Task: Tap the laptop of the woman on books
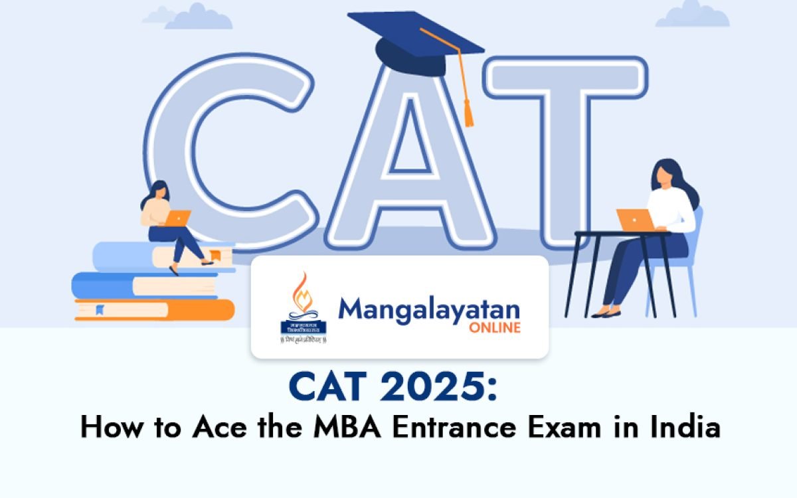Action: tap(178, 218)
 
